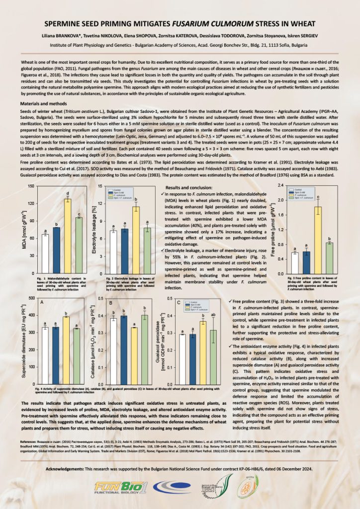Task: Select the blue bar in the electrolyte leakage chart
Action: coord(125,251)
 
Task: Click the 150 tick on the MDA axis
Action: coord(31,186)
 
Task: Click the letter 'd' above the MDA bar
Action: coord(68,192)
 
